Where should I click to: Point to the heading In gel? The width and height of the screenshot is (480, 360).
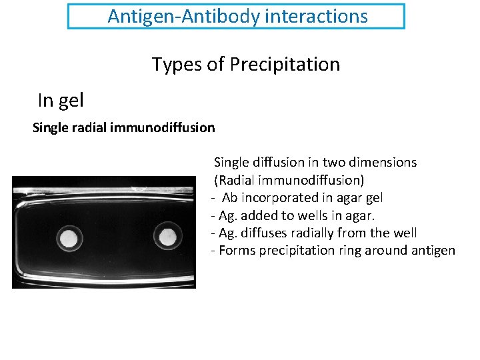pos(61,101)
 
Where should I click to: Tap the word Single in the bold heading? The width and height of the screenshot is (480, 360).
pos(50,127)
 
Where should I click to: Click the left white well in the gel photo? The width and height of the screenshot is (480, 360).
pos(68,237)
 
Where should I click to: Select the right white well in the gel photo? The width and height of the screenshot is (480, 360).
pos(166,235)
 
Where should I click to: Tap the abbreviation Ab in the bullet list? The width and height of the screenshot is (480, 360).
pos(229,198)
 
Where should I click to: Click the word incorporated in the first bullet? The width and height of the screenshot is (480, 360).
pos(279,198)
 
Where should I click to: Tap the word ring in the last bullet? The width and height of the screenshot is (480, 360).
pos(351,251)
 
